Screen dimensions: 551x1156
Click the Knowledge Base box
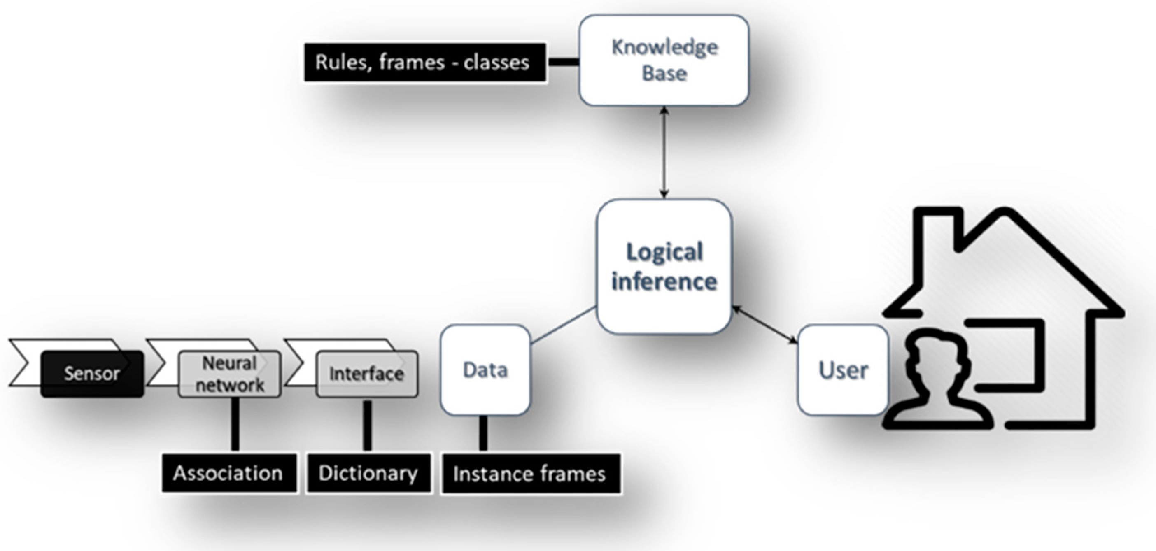click(664, 60)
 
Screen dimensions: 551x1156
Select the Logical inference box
click(664, 267)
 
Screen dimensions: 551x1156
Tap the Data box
click(485, 370)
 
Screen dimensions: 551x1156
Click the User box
click(843, 370)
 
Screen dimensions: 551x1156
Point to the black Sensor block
click(92, 374)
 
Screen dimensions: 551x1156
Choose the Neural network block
click(230, 374)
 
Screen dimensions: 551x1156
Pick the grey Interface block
click(367, 374)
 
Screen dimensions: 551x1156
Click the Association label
click(229, 473)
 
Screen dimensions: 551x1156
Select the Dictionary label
click(368, 473)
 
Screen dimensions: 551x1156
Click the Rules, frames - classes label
click(424, 63)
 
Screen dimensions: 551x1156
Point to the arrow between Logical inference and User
click(764, 325)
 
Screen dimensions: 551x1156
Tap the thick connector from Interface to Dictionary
click(368, 425)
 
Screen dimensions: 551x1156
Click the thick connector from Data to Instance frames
click(483, 433)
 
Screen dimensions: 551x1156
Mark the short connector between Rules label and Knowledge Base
click(563, 62)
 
